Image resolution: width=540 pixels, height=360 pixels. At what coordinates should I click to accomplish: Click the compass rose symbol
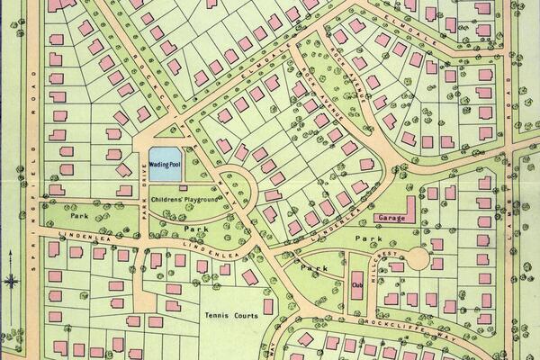11,280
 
